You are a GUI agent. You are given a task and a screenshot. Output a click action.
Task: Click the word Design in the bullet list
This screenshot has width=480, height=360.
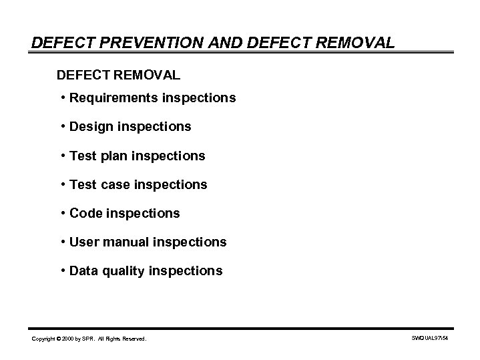click(89, 126)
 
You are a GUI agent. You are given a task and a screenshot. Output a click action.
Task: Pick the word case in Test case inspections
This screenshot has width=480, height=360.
click(116, 184)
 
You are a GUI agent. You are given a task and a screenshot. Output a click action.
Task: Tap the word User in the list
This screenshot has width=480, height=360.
click(84, 242)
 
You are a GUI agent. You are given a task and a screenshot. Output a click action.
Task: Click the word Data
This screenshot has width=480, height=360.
click(84, 271)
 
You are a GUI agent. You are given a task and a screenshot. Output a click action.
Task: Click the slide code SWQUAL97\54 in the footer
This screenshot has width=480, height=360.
click(431, 339)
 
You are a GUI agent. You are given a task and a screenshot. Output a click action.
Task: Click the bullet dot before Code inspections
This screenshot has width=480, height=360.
click(62, 213)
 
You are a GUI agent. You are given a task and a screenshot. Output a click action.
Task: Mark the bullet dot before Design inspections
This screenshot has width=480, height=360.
click(62, 126)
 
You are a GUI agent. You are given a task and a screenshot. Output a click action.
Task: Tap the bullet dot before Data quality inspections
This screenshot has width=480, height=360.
click(62, 271)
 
